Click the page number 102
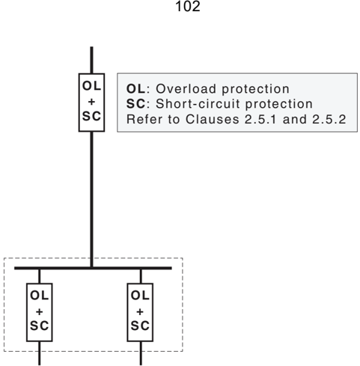point(188,6)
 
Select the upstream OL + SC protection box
point(91,103)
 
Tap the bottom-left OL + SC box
point(40,312)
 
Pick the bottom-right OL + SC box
point(140,312)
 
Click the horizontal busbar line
point(93,268)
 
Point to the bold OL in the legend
point(135,89)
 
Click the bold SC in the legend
point(135,104)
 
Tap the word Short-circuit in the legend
point(198,104)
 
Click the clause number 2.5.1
point(260,119)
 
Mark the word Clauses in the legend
point(213,119)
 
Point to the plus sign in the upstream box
point(91,102)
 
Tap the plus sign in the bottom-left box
point(40,311)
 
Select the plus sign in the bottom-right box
point(140,311)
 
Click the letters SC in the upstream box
point(91,116)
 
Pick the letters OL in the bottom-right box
point(140,296)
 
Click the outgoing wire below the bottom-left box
point(40,353)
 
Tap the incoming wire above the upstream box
point(91,60)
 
